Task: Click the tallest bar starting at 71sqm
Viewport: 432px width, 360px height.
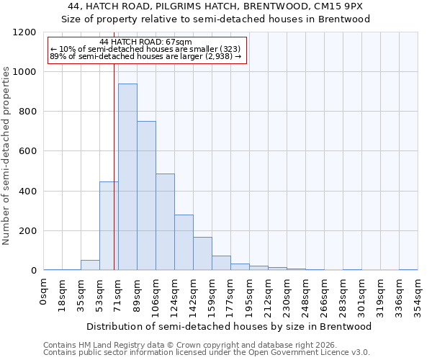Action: [x=127, y=177]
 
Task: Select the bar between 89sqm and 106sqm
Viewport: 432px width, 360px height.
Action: [x=146, y=196]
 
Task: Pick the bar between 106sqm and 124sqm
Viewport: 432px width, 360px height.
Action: [x=165, y=222]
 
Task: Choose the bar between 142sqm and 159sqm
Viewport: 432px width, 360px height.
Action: [x=202, y=253]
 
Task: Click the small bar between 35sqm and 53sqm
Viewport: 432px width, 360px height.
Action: [x=90, y=265]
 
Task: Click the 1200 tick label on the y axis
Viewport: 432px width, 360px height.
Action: [x=24, y=32]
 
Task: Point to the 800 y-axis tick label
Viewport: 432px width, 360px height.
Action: [x=27, y=112]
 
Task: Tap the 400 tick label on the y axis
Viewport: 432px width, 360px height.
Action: [x=27, y=192]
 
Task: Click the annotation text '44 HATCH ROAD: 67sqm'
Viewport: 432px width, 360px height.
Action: [x=146, y=42]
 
